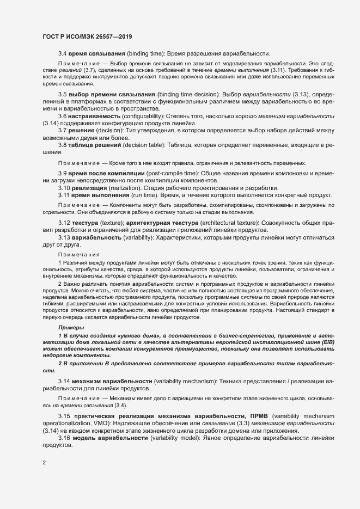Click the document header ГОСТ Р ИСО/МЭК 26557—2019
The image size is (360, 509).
tap(87, 37)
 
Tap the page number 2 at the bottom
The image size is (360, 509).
tap(44, 463)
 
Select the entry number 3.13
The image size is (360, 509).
tap(64, 237)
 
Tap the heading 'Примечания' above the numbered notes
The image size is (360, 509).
tap(78, 254)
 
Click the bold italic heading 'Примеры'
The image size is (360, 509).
tap(71, 327)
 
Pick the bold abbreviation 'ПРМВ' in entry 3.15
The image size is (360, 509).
tap(258, 416)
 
